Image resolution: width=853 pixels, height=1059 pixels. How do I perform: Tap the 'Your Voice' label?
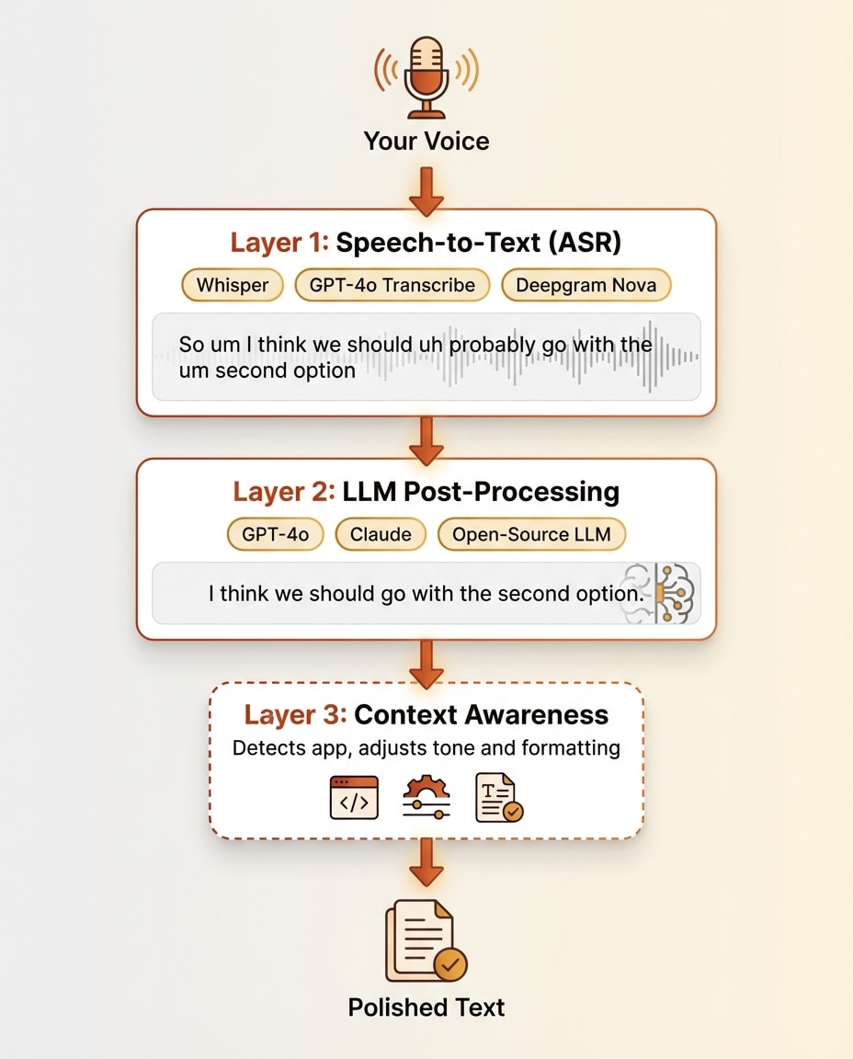[426, 142]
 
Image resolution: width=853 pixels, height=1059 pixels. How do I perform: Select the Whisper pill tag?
[233, 285]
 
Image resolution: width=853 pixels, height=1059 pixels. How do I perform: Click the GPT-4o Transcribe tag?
[392, 285]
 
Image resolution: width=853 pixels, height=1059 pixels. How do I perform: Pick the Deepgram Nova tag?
[586, 285]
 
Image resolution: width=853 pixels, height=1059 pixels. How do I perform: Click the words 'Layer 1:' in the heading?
[279, 243]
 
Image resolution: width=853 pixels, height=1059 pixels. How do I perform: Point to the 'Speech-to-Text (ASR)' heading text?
[479, 243]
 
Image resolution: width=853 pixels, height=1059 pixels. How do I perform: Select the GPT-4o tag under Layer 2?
[275, 534]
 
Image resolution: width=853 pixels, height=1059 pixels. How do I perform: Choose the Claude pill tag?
[381, 534]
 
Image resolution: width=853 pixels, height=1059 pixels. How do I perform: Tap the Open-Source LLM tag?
[531, 534]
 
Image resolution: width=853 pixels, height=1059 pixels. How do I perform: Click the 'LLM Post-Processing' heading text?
[481, 492]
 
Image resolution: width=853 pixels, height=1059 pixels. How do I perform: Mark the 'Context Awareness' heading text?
[481, 715]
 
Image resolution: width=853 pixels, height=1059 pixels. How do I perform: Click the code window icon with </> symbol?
[354, 797]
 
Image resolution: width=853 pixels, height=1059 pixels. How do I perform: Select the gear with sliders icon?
[426, 797]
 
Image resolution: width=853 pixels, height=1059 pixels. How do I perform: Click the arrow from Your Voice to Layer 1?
[426, 189]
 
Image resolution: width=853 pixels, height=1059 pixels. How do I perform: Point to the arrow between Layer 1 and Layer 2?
[426, 439]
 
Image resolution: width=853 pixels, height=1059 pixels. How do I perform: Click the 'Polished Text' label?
[426, 1008]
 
